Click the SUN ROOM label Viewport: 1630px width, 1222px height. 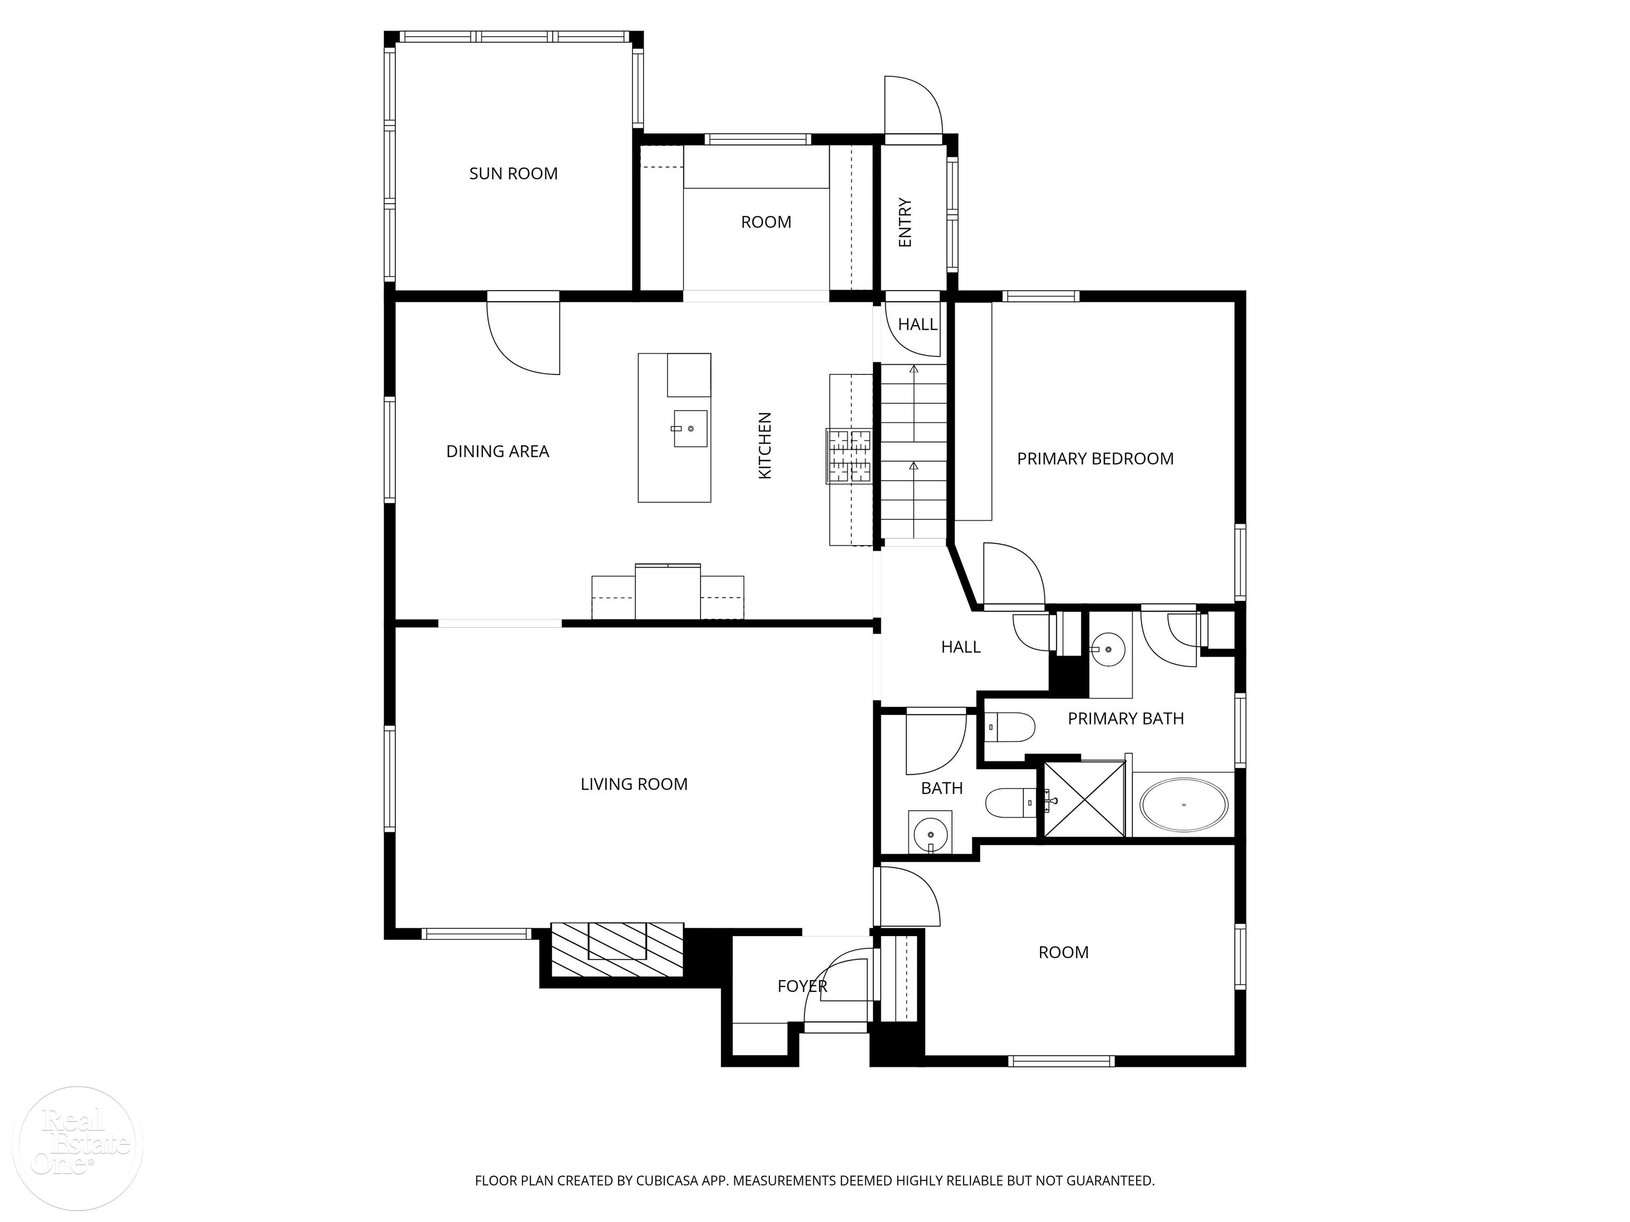point(513,174)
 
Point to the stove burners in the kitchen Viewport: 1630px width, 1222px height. point(849,456)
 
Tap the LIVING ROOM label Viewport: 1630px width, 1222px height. point(634,784)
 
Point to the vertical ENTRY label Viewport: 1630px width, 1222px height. point(905,222)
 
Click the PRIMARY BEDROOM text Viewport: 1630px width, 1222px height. point(1095,459)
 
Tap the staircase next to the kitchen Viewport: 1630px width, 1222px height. point(914,453)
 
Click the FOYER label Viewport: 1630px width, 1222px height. point(802,987)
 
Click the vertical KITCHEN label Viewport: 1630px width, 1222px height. point(765,446)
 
